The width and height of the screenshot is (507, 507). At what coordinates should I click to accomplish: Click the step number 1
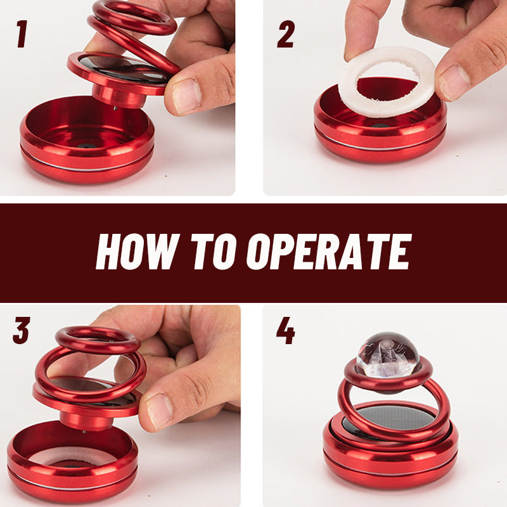click(22, 34)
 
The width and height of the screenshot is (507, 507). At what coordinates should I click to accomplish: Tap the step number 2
click(285, 34)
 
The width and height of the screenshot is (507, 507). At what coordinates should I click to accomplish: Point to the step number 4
click(285, 331)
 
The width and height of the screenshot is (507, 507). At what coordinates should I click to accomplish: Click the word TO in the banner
click(215, 252)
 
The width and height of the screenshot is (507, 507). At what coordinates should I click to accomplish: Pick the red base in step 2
click(380, 136)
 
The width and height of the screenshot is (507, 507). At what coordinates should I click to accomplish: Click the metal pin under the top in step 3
click(84, 433)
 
